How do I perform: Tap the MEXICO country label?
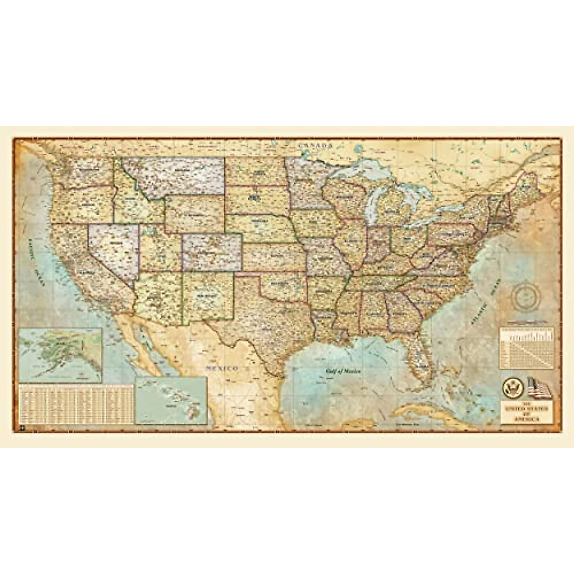pyautogui.click(x=222, y=368)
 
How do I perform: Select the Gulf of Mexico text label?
pyautogui.click(x=343, y=371)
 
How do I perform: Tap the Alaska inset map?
pyautogui.click(x=60, y=354)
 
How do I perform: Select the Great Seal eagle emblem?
pyautogui.click(x=512, y=387)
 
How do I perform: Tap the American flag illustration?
pyautogui.click(x=539, y=387)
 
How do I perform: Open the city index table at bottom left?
pyautogui.click(x=76, y=404)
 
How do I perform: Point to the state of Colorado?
pyautogui.click(x=212, y=252)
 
